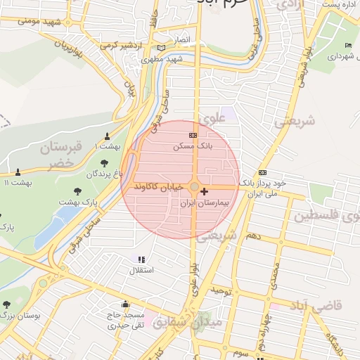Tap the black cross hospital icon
(204, 191)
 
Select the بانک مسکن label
(192, 146)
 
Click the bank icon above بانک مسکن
(193, 135)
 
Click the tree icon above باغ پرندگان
(104, 163)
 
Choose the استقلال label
(141, 270)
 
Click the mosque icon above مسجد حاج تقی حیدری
(125, 304)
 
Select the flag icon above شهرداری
(348, 46)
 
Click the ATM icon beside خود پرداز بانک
(262, 172)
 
